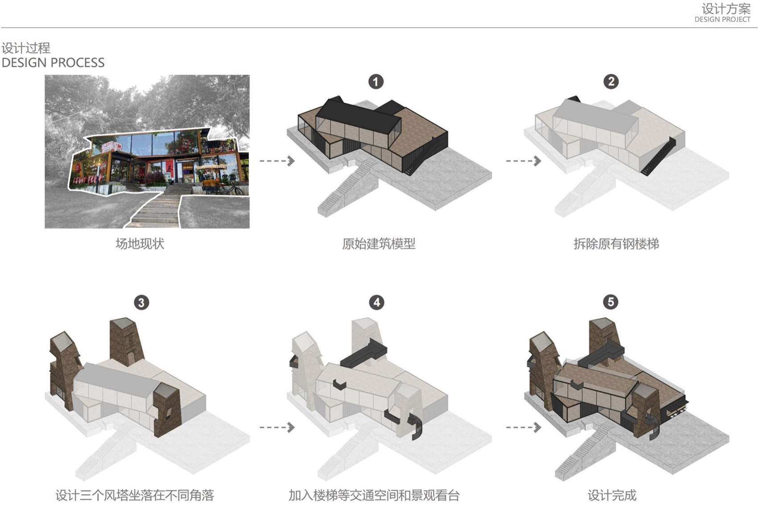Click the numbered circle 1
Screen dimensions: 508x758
pos(376,82)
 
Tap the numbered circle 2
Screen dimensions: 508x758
pos(611,81)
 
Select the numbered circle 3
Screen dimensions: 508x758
pos(141,303)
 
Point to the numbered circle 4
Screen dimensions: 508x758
pos(377,302)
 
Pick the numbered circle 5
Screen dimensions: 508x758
pos(611,302)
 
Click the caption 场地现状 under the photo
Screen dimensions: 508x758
pos(140,244)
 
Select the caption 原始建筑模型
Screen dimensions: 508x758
pos(379,244)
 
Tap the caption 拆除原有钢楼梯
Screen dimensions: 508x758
pos(616,244)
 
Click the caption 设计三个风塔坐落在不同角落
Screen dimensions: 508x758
pos(135,495)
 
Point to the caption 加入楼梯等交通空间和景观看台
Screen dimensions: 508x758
pos(374,495)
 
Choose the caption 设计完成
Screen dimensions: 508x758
pos(612,495)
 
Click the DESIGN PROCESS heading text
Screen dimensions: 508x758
pos(53,62)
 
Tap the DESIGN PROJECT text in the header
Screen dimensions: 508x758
pos(722,20)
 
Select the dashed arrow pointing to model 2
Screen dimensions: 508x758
pos(523,161)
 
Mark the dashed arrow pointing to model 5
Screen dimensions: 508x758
pos(523,427)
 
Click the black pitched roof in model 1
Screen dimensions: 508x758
pos(357,116)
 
